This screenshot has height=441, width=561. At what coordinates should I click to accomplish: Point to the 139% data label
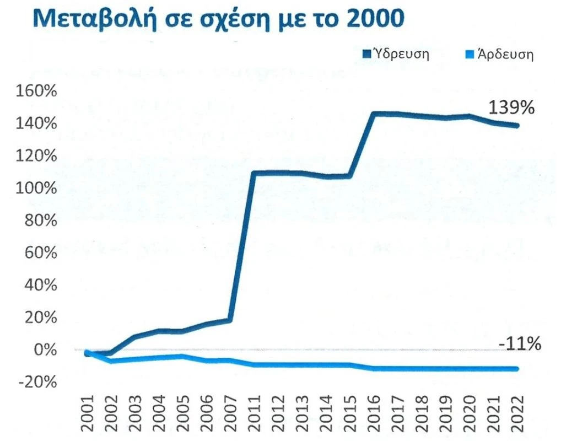tap(512, 107)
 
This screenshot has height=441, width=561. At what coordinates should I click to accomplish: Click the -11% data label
tap(520, 345)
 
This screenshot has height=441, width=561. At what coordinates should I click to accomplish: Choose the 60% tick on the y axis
tap(41, 253)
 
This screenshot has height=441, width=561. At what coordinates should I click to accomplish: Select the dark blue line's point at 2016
tap(373, 114)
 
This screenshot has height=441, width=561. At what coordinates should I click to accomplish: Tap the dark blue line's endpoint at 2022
tap(516, 126)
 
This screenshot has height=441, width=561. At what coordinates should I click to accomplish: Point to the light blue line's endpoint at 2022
tap(516, 369)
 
